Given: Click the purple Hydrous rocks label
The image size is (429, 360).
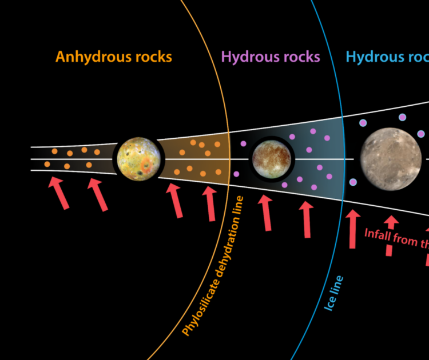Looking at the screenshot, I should coord(271,57).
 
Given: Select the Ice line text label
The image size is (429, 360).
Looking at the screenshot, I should coord(335,293).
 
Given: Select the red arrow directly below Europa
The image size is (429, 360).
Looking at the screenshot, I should coord(265,212).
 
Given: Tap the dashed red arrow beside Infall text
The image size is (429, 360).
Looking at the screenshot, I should coord(390,235).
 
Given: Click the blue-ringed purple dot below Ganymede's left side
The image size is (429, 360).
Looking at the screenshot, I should coord(353,182).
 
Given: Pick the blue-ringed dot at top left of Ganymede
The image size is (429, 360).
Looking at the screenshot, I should coord(363,122).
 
